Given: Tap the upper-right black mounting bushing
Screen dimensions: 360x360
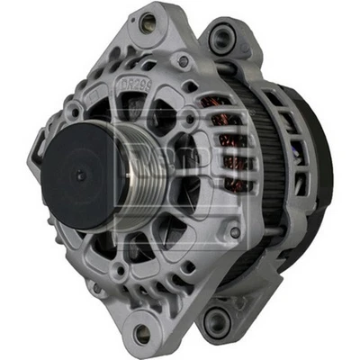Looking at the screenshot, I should [x=221, y=38].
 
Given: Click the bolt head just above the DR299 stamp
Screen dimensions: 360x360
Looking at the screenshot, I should [x=184, y=62].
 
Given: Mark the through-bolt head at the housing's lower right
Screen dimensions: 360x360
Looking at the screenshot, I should [x=236, y=232].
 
